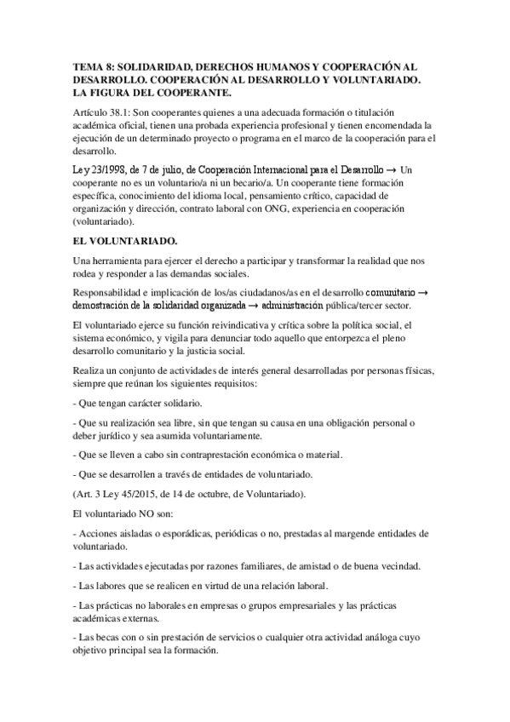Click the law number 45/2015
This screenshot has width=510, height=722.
[x=148, y=494]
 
